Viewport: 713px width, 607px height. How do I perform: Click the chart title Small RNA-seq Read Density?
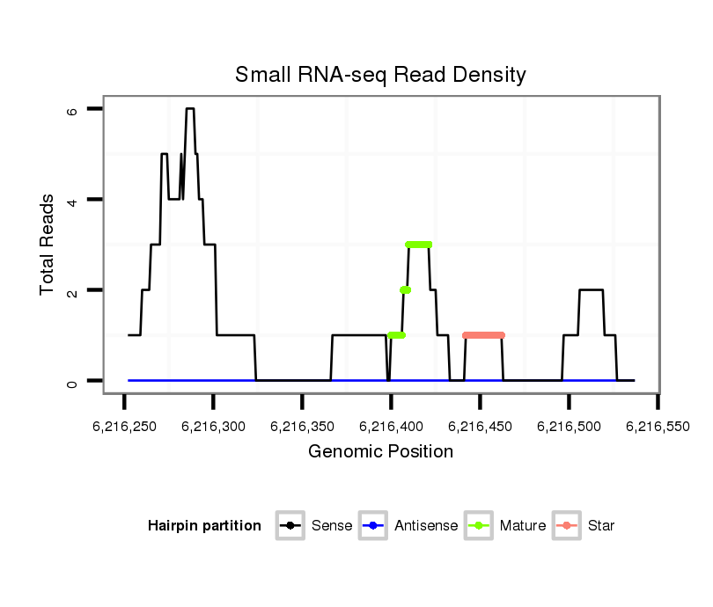pyautogui.click(x=380, y=75)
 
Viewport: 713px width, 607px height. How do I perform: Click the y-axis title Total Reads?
pyautogui.click(x=48, y=245)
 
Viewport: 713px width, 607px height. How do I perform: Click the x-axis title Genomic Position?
pyautogui.click(x=380, y=452)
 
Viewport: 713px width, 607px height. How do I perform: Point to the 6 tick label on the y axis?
pyautogui.click(x=73, y=109)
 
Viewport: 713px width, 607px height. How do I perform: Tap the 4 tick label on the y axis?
pyautogui.click(x=73, y=200)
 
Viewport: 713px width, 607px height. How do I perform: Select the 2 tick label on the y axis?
pyautogui.click(x=73, y=290)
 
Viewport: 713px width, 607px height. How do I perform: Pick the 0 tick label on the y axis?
pyautogui.click(x=73, y=381)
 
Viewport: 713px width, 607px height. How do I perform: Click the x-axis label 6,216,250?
pyautogui.click(x=124, y=427)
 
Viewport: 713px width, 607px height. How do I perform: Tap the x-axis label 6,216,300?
pyautogui.click(x=213, y=427)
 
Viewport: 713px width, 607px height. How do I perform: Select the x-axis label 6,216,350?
pyautogui.click(x=302, y=427)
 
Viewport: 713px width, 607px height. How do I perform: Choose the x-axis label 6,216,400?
pyautogui.click(x=391, y=427)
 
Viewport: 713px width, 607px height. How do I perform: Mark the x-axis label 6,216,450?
pyautogui.click(x=480, y=427)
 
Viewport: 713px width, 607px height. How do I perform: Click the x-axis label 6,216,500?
pyautogui.click(x=569, y=427)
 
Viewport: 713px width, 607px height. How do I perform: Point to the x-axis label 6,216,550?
pyautogui.click(x=658, y=427)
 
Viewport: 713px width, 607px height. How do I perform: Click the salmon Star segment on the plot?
pyautogui.click(x=483, y=335)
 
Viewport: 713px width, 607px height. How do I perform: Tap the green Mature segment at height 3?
pyautogui.click(x=419, y=245)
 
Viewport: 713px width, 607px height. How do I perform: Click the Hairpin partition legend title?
pyautogui.click(x=204, y=526)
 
